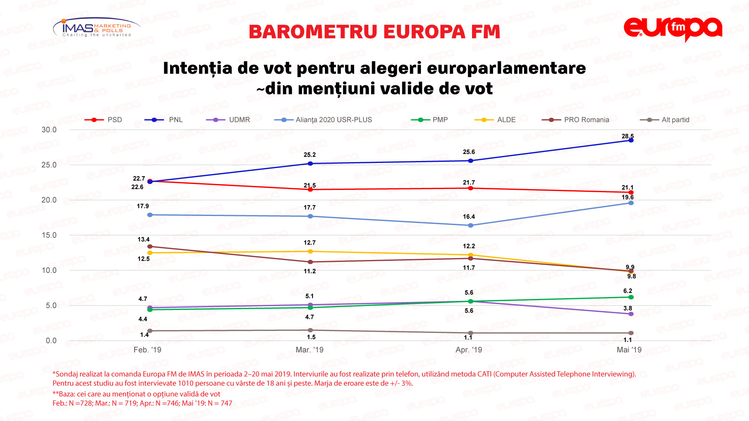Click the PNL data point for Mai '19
[631, 140]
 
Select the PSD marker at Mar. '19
[310, 189]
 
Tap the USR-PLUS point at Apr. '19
[470, 225]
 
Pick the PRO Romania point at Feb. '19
[150, 246]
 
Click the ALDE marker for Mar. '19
[310, 251]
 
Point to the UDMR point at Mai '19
[631, 314]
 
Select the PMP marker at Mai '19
[631, 297]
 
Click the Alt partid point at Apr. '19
[470, 333]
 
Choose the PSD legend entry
[104, 120]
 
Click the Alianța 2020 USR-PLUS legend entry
[323, 120]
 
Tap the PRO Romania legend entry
[576, 120]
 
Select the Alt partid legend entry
[665, 120]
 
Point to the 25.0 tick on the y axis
[49, 165]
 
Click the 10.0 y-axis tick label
[49, 270]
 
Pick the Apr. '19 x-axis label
[469, 350]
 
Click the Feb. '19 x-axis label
[147, 350]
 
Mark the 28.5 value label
[627, 136]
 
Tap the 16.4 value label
[469, 217]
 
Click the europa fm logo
[673, 29]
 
